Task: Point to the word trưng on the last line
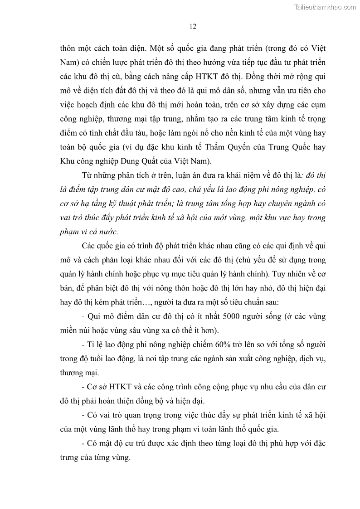pyautogui.click(x=69, y=457)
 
